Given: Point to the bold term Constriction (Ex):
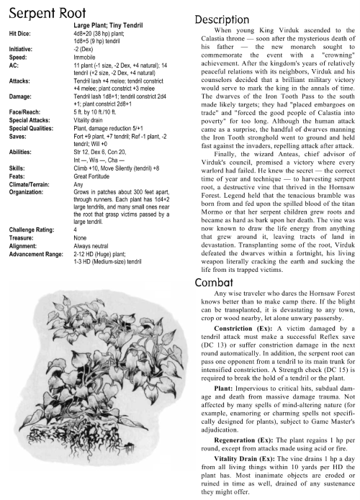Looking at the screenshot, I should pos(246,319).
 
